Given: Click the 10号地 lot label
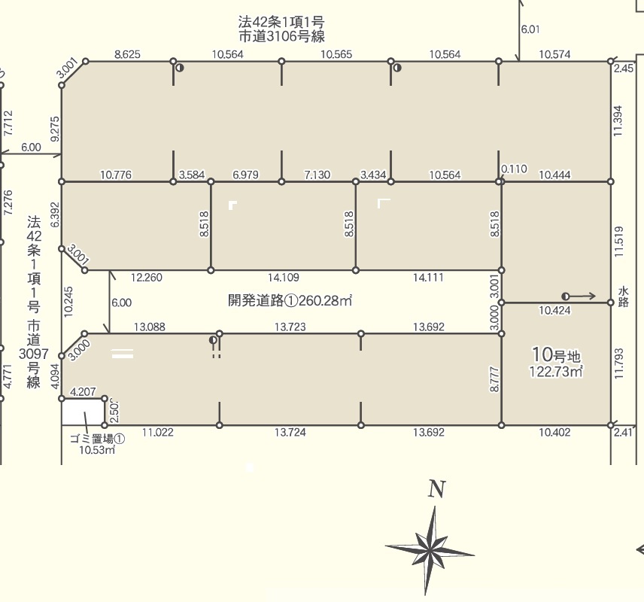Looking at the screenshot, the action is tap(556, 354).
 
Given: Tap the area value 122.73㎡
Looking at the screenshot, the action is tap(556, 372).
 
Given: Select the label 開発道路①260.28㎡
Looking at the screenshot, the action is tap(290, 301).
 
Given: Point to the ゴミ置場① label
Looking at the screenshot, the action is tap(97, 439).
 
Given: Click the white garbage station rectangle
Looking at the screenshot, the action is tap(83, 412).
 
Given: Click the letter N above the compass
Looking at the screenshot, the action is tap(436, 489).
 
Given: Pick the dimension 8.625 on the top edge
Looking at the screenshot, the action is tap(127, 54).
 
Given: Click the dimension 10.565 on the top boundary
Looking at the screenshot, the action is tap(336, 54).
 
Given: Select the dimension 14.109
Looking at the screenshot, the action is tap(284, 278).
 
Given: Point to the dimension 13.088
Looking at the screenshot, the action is tap(150, 327).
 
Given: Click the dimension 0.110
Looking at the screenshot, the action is tap(514, 169).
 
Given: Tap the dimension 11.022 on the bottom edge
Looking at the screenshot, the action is tap(158, 432).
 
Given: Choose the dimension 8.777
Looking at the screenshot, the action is tap(495, 379).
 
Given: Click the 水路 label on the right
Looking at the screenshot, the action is tap(623, 297).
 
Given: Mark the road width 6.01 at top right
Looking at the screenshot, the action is tap(530, 29).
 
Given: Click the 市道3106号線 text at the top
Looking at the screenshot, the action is tap(281, 37).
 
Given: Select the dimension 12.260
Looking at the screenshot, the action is tap(147, 278).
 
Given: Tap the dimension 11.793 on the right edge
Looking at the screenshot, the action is tap(619, 364).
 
